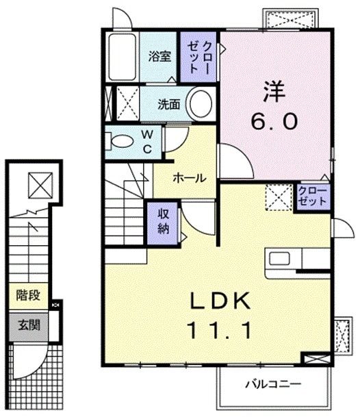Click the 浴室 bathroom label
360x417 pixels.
[160, 57]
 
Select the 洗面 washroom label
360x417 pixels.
[169, 104]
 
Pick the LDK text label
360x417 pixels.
[213, 301]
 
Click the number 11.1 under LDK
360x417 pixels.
[214, 330]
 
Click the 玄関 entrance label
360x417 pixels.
[28, 324]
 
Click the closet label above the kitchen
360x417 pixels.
[313, 196]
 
